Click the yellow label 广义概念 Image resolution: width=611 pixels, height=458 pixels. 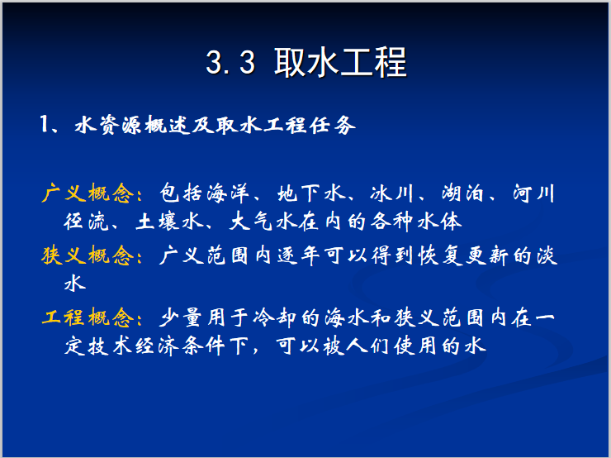tap(86, 195)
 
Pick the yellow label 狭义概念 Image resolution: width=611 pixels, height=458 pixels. tap(86, 256)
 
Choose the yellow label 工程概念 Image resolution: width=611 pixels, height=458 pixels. tap(86, 318)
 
